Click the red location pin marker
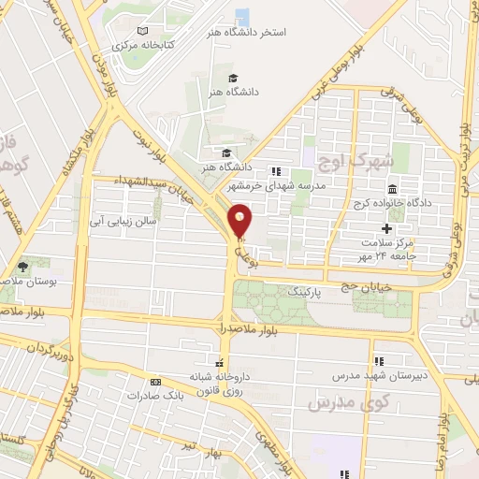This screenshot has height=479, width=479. click(x=240, y=219)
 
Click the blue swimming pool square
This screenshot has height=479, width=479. click(x=242, y=16)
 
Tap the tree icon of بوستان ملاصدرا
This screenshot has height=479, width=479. click(x=21, y=265)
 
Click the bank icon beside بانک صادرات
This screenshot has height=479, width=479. click(x=154, y=382)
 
